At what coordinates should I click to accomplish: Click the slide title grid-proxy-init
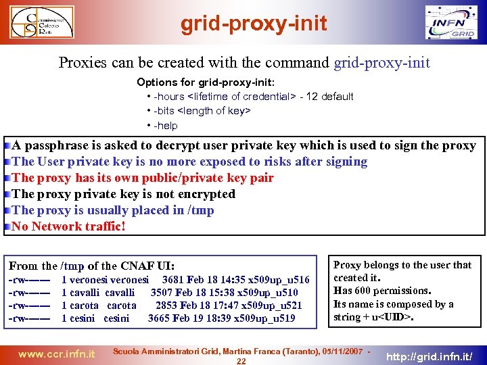click(x=254, y=24)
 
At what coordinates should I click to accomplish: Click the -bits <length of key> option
click(x=202, y=111)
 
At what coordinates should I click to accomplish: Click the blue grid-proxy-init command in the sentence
click(x=381, y=63)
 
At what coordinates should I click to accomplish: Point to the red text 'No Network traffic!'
click(x=68, y=226)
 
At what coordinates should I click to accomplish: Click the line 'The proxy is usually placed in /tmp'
click(x=113, y=210)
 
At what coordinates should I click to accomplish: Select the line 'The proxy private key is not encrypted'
click(x=124, y=194)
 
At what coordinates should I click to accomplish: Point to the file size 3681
click(x=173, y=280)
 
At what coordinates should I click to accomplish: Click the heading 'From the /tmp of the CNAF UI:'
click(x=92, y=266)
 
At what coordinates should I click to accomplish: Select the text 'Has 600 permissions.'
click(x=382, y=291)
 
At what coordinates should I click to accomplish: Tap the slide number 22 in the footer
click(x=241, y=361)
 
